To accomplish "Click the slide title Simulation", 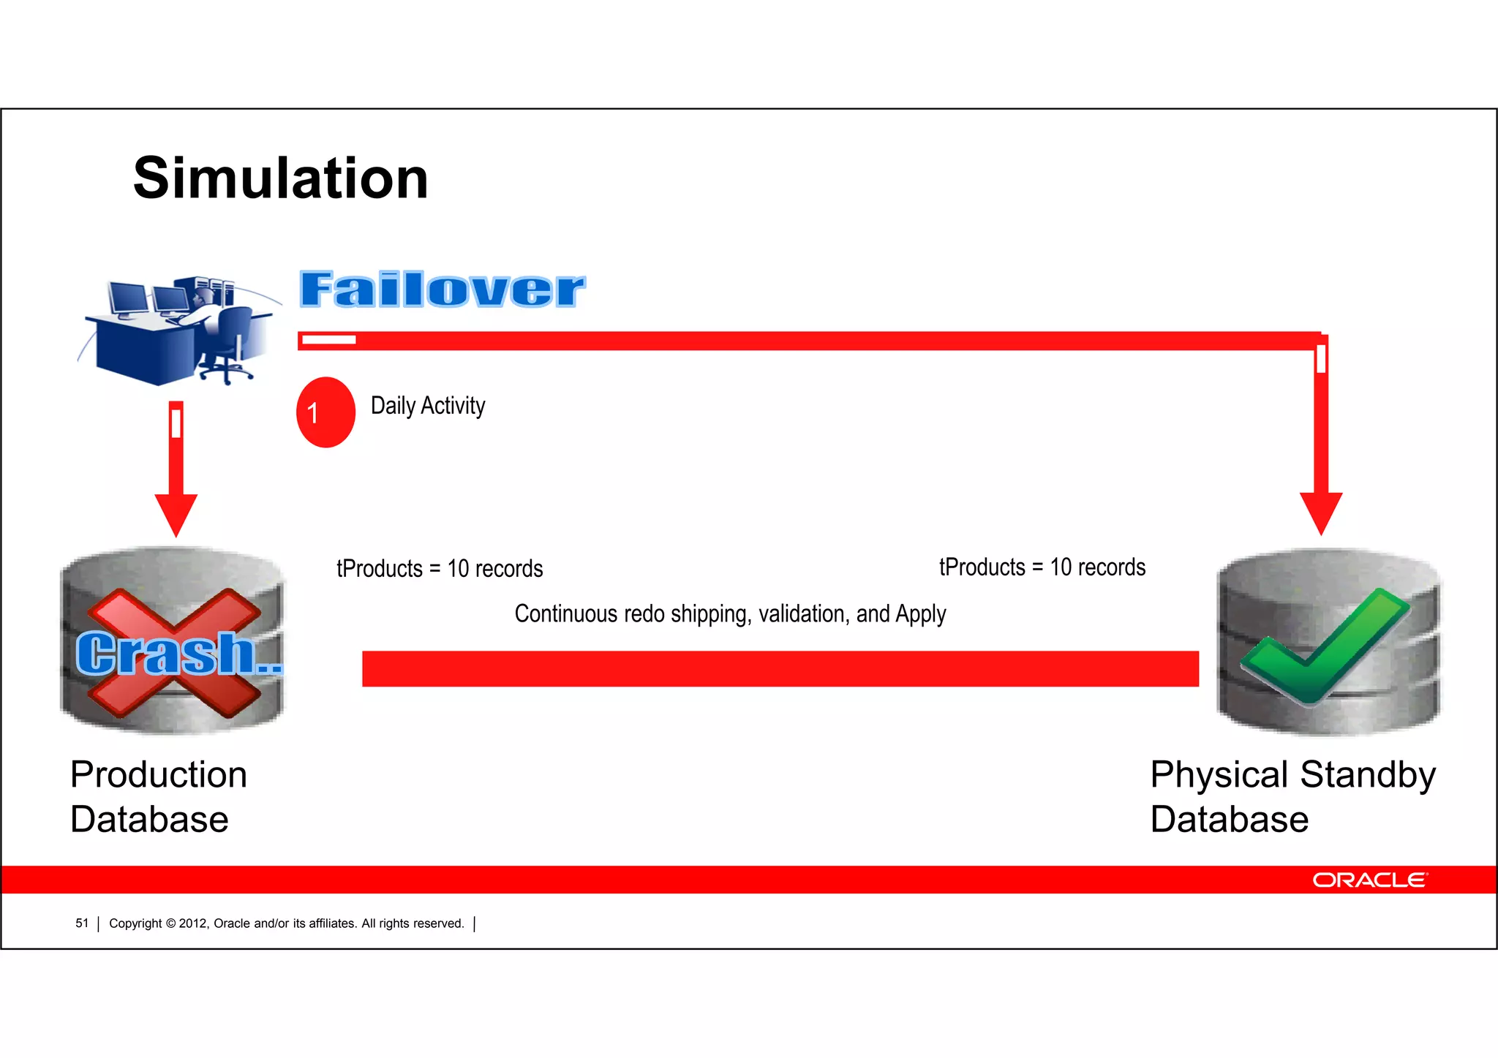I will click(280, 178).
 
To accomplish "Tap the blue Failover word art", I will click(442, 289).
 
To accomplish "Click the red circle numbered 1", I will click(325, 412).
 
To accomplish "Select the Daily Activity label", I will click(428, 406).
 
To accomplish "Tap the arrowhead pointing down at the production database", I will click(176, 514).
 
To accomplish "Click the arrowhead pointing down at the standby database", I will click(1320, 512).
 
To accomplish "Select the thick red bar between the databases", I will click(780, 668).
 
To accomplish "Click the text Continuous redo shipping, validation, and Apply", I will click(730, 614).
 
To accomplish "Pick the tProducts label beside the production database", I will click(440, 569).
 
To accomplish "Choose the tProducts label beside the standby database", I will click(1042, 567).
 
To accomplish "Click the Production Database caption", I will click(158, 797).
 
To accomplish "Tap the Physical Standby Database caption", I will click(1292, 797).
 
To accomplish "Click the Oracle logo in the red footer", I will click(1369, 880).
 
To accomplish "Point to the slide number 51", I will click(82, 923).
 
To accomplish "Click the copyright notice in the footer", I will click(286, 923).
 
